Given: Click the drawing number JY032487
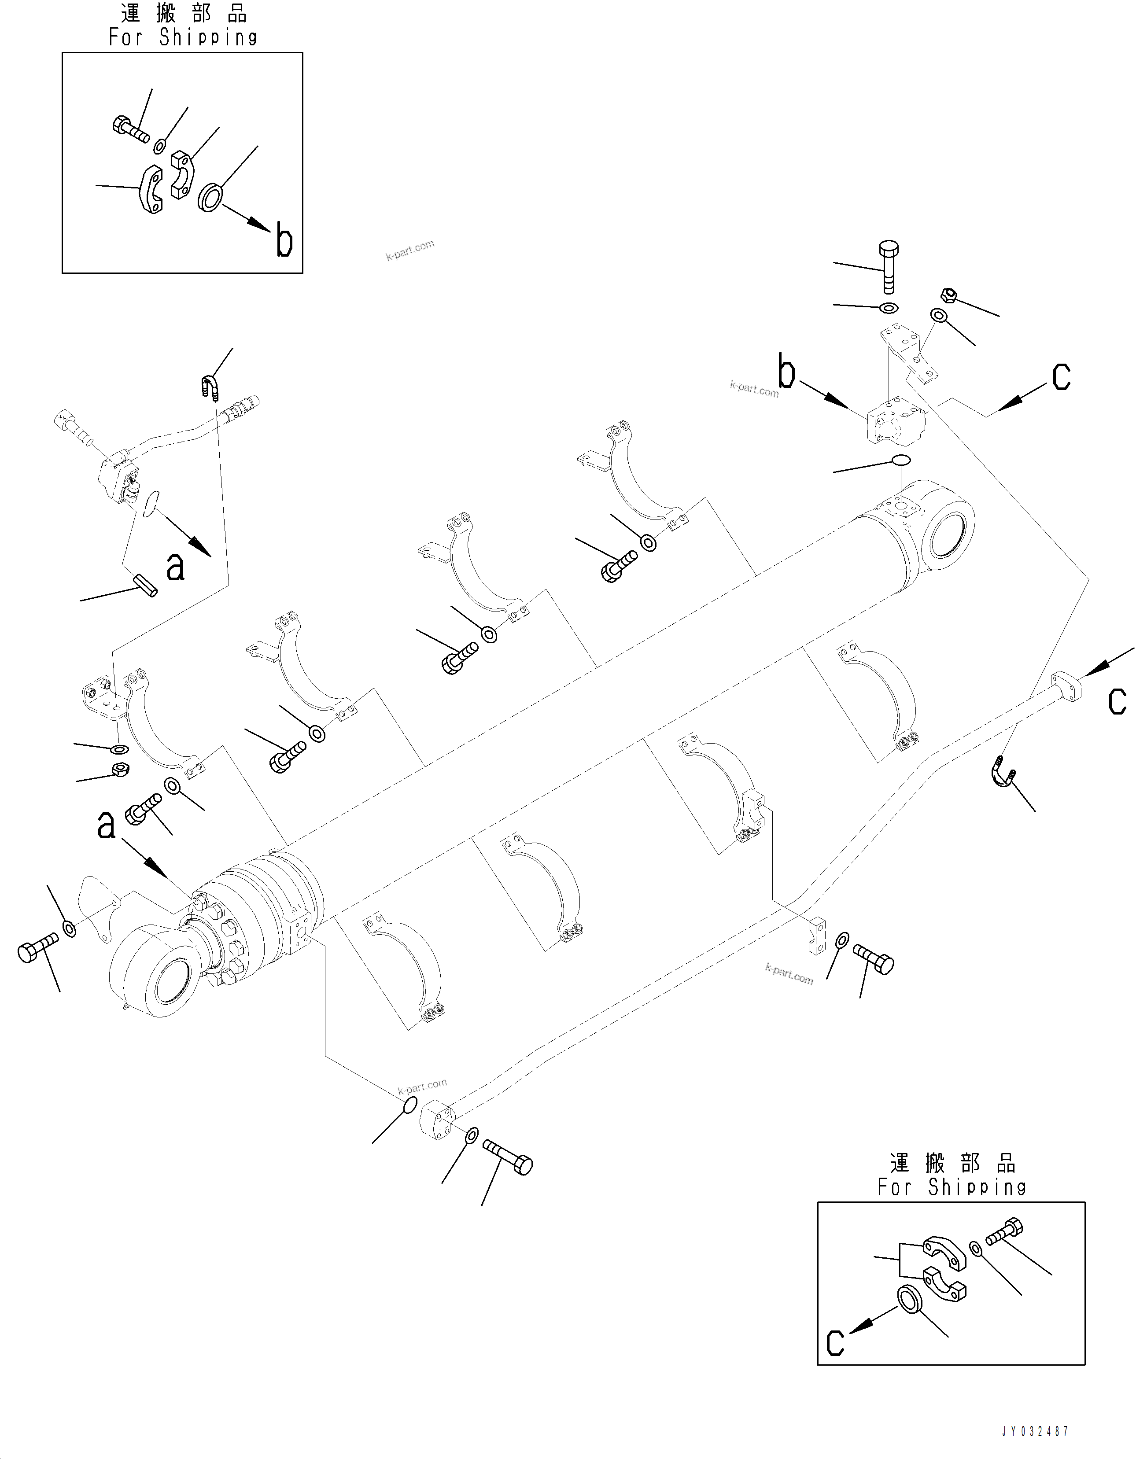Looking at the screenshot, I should pos(1035,1431).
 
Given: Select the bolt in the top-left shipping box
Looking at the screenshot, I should pos(130,129).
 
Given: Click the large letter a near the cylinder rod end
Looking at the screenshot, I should pos(106,826).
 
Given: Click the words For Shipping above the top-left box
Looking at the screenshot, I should pos(183,37).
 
